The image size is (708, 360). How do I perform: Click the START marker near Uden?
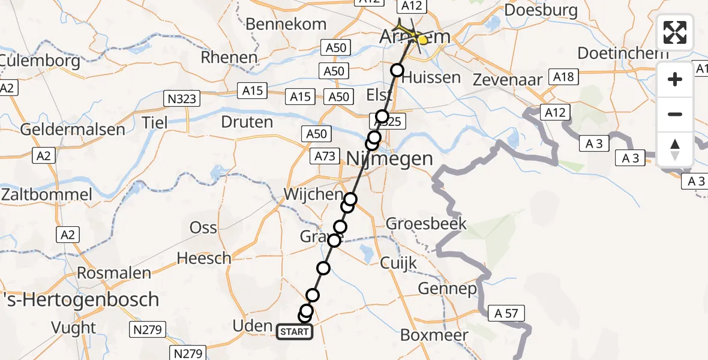click(294, 331)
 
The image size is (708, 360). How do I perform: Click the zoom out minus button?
click(675, 114)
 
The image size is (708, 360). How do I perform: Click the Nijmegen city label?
click(390, 159)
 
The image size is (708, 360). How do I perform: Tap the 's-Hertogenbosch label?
click(80, 299)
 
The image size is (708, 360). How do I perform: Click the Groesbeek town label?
click(426, 224)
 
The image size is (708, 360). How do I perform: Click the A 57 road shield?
click(506, 313)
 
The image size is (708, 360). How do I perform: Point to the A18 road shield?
click(564, 77)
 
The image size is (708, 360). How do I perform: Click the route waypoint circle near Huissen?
click(398, 70)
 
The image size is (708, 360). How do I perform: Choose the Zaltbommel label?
click(47, 195)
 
